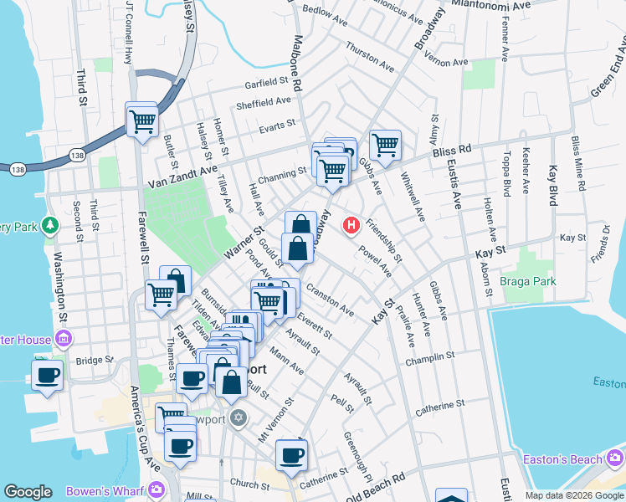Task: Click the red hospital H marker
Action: click(x=352, y=225)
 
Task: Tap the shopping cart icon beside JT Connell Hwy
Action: click(x=142, y=121)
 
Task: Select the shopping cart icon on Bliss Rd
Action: click(x=385, y=145)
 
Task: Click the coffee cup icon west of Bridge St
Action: click(x=48, y=375)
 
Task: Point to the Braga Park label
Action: click(x=528, y=282)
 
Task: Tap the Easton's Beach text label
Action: click(x=562, y=459)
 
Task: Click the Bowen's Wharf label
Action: click(x=109, y=489)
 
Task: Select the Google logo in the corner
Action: click(x=28, y=492)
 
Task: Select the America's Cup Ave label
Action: click(x=142, y=427)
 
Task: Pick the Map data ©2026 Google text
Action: click(x=573, y=495)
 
